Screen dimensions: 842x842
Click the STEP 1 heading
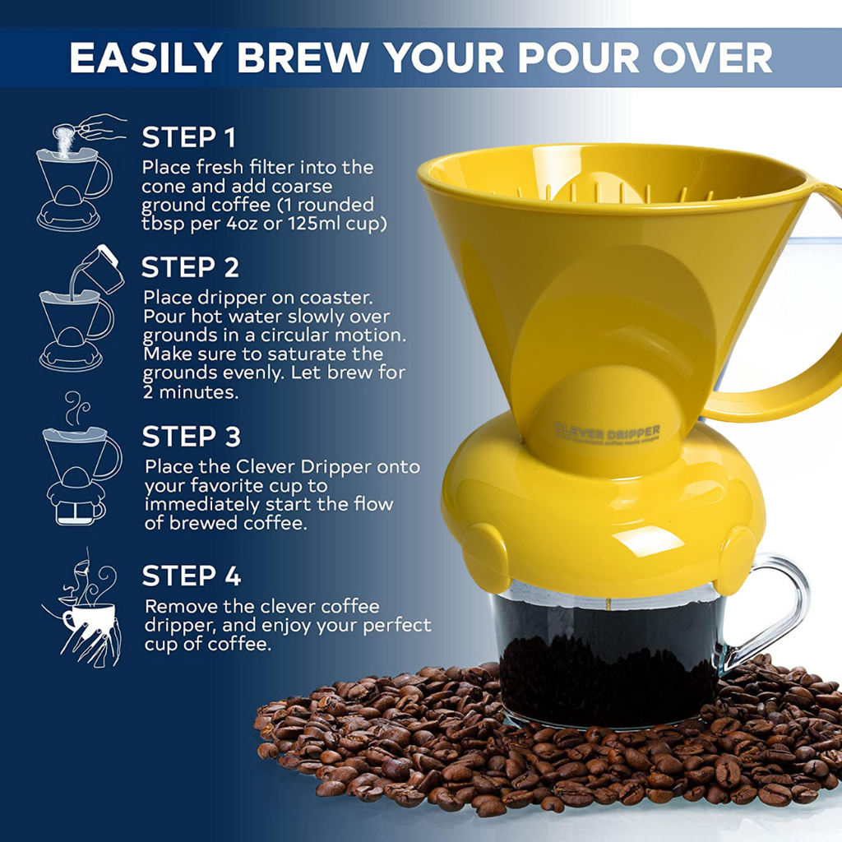pos(189,136)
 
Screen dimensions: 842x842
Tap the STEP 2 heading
pos(190,268)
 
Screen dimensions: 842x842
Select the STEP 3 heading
pos(191,437)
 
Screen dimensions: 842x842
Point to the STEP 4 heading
pos(191,576)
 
